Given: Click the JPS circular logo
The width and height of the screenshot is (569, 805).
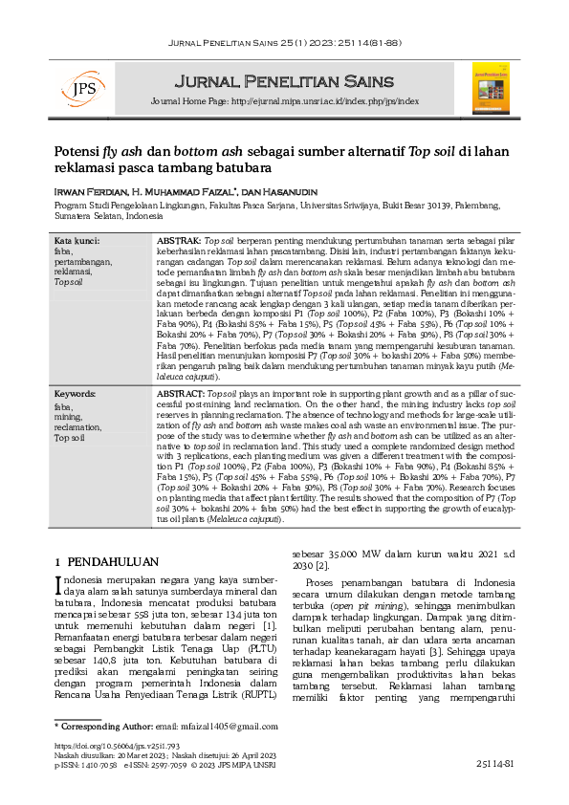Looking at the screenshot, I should pos(70,88).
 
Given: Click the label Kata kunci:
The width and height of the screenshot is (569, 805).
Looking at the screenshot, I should pos(77,240).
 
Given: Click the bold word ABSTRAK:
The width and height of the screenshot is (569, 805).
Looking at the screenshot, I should pos(179,240).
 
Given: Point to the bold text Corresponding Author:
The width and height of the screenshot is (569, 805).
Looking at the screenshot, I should pos(107,728).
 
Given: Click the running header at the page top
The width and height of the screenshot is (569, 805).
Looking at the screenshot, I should pos(284,44).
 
